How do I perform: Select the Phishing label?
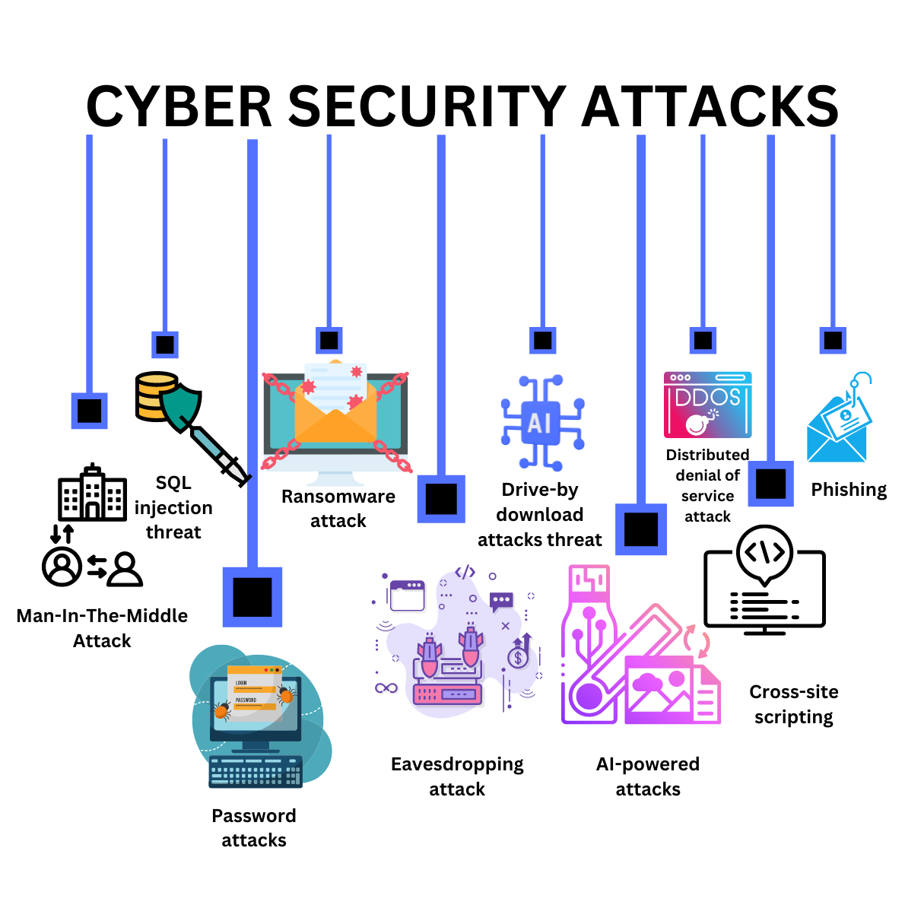(x=849, y=490)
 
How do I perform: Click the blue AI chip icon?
(x=541, y=423)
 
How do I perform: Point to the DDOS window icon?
(x=707, y=405)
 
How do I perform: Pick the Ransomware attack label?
(x=338, y=509)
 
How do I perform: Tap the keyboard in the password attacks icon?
(x=256, y=771)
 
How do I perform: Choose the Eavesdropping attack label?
(x=457, y=776)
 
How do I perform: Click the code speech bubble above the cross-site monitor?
(x=765, y=553)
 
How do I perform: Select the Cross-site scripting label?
(x=794, y=704)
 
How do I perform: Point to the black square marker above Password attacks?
(x=252, y=597)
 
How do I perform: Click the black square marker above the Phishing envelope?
(x=833, y=340)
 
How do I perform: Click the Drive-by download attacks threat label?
(x=540, y=515)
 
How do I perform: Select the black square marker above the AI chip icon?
(x=542, y=340)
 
